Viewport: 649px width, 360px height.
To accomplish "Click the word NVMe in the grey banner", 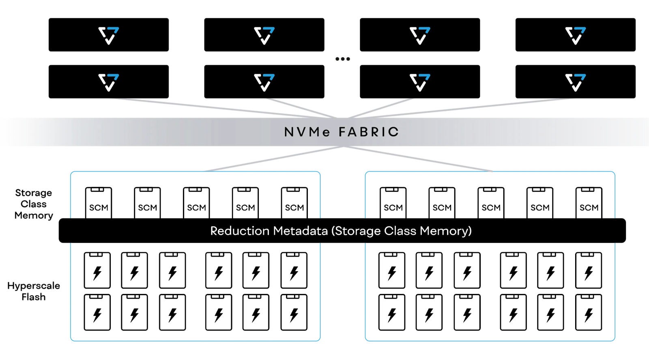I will click(307, 132).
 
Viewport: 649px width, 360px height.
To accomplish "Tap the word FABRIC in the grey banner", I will click(369, 132).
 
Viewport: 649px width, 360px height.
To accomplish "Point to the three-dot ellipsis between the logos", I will click(343, 59).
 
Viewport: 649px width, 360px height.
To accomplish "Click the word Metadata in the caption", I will click(300, 231).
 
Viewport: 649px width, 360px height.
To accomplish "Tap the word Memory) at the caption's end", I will click(446, 231).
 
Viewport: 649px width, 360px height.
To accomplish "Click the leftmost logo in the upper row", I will click(109, 35).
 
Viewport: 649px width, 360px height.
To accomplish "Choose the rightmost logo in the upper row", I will click(575, 35).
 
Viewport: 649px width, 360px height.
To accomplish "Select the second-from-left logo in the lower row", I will click(264, 82).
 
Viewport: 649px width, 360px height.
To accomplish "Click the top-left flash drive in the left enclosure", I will click(97, 270).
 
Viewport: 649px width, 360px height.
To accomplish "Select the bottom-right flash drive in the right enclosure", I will click(589, 312).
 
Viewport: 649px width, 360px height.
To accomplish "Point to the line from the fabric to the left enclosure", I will click(272, 159).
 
